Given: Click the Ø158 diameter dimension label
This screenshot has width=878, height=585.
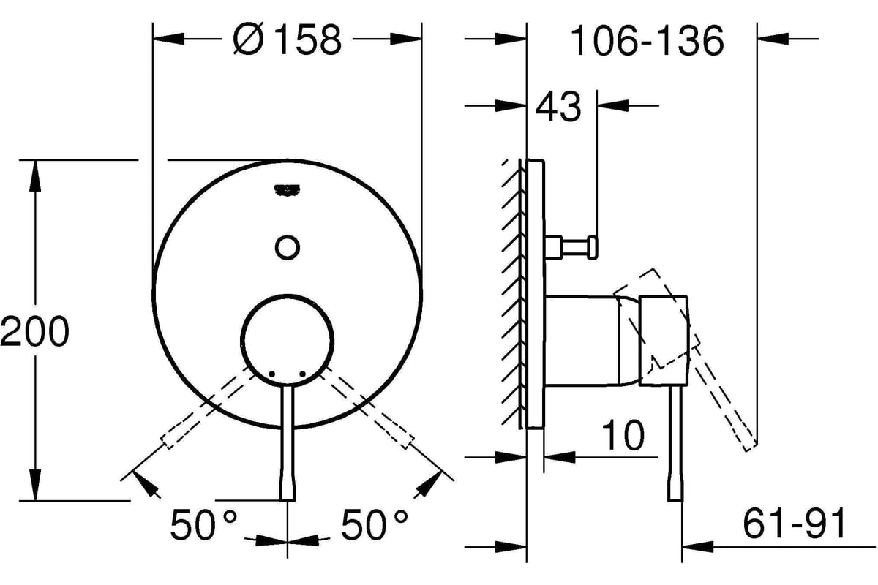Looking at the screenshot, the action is coord(288,39).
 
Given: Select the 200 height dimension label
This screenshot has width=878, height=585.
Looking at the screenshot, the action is coord(34,331).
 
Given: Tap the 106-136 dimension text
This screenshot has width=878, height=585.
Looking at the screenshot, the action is coord(647,40).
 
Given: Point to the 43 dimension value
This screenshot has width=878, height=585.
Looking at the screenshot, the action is coord(558,107).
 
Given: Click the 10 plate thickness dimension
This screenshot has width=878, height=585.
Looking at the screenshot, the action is coord(623,435).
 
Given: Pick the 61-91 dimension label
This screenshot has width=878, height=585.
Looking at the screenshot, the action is coord(794,524).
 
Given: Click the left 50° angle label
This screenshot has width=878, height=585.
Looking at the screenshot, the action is coord(204,524).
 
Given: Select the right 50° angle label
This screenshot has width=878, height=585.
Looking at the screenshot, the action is coord(375,524).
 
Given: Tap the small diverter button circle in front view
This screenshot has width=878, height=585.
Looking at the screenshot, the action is coord(288,248).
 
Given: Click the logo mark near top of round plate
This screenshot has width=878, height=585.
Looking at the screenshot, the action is coord(288,191).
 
